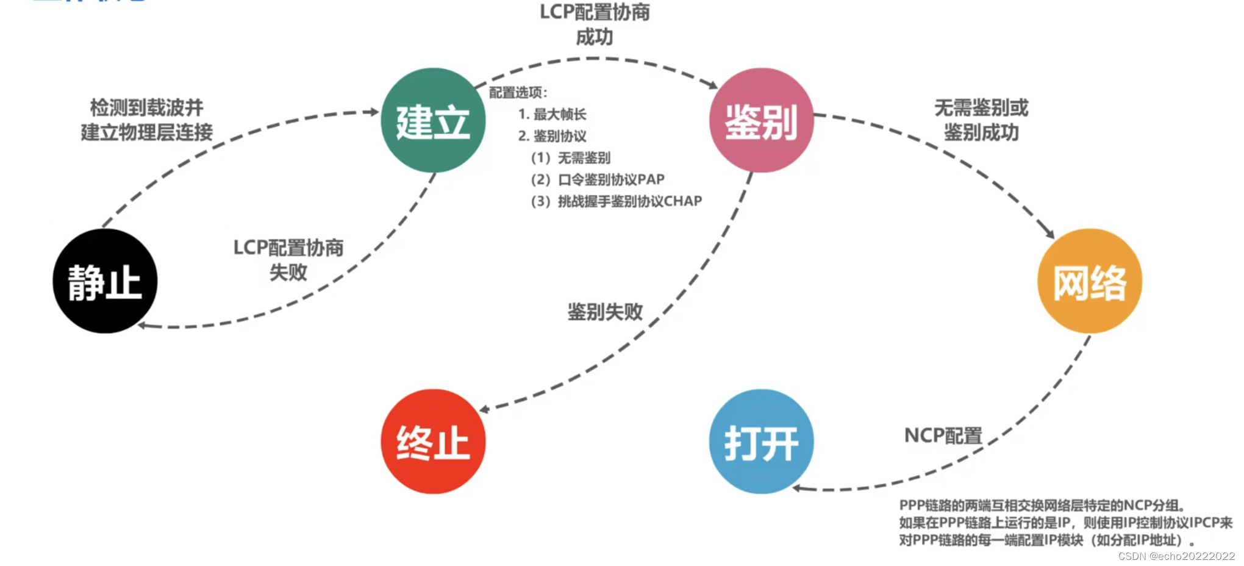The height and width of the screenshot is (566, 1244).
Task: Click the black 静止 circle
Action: [105, 281]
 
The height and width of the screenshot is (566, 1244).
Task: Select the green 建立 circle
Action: [433, 120]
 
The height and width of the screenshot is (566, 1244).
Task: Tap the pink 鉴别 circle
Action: [761, 120]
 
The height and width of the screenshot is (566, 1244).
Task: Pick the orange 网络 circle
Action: [1089, 281]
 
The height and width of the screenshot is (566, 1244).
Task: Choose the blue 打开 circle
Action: [761, 442]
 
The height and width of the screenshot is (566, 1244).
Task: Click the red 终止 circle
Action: [433, 442]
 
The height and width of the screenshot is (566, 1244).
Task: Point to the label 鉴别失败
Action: [605, 312]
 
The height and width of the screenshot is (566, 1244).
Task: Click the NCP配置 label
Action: [943, 435]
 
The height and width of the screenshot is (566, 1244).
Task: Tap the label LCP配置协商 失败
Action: [288, 260]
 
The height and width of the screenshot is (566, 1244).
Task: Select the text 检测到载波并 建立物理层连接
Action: [147, 120]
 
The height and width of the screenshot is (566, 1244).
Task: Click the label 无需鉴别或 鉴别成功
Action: [981, 120]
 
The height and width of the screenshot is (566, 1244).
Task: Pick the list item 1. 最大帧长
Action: [552, 114]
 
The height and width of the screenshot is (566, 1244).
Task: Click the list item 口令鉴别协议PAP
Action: [611, 179]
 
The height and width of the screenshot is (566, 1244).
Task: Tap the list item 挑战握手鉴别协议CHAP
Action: [629, 201]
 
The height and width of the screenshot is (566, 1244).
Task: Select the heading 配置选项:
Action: [518, 93]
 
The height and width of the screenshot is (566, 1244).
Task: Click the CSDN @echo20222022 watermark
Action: [1176, 556]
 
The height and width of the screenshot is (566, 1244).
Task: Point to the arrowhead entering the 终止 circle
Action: [485, 409]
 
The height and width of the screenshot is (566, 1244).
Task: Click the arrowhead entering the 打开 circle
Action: [797, 488]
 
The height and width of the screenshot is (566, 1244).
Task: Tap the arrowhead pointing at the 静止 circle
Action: [142, 325]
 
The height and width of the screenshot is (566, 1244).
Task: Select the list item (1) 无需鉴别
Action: [571, 158]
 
